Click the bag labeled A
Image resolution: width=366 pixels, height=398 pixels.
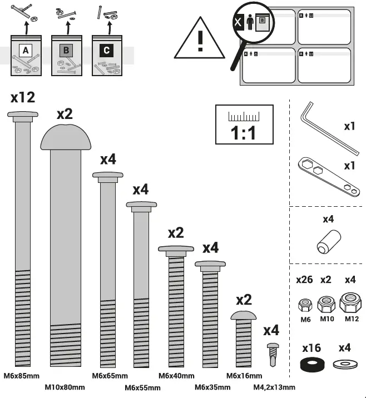26,56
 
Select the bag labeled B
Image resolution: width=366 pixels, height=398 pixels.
66,56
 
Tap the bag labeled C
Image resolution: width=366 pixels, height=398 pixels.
107,56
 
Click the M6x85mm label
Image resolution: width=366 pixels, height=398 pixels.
21,376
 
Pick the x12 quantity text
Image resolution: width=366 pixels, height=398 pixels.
23,97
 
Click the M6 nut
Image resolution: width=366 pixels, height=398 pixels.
305,305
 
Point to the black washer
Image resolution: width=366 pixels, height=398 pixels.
311,365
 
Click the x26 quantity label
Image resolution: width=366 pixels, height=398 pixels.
304,280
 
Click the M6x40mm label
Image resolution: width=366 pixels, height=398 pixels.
176,376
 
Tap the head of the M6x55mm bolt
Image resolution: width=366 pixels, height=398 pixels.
145,205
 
